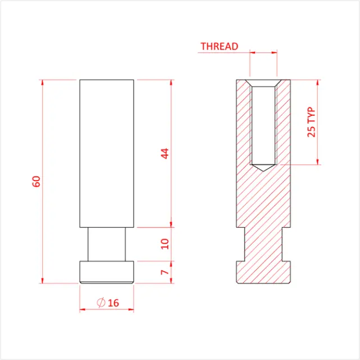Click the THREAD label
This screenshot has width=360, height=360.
point(219,46)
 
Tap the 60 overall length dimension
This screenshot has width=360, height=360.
point(37,181)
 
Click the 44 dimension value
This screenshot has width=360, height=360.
point(165,153)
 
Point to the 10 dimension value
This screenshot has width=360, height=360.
point(165,244)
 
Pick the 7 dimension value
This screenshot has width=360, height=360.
point(165,272)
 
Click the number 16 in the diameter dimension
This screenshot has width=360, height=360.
point(113,303)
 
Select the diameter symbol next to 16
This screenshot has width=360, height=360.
point(101,303)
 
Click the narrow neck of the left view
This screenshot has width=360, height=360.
point(106,244)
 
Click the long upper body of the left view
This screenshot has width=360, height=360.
point(106,152)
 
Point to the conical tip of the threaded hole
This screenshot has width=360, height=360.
point(263,168)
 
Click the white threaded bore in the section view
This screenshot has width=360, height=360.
point(263,124)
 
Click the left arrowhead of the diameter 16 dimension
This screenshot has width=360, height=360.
point(82,309)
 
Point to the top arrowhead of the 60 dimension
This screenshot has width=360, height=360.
point(43,82)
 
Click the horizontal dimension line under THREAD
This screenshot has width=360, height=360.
point(263,53)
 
